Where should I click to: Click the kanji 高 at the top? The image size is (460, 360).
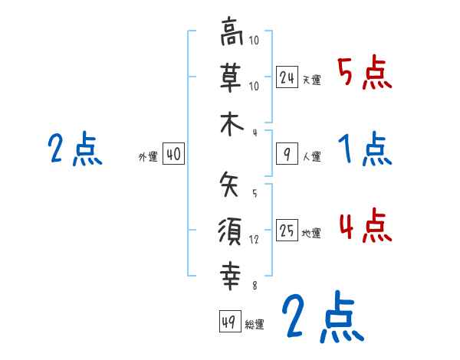(231, 34)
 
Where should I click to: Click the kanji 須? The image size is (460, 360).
(231, 230)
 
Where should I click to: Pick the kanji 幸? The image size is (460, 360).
(231, 274)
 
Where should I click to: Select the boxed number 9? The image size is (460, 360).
(287, 155)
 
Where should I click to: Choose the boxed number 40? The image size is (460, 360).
(173, 154)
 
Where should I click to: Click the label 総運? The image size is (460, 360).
(255, 325)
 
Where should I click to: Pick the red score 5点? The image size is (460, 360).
(365, 74)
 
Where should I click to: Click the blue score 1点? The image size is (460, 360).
(365, 149)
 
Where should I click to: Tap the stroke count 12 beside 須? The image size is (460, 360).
(255, 239)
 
